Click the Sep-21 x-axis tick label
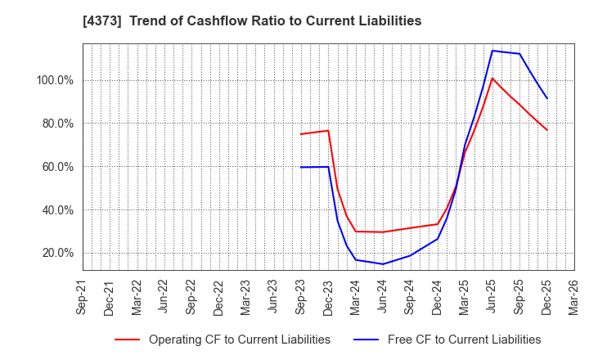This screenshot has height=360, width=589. pos(82,296)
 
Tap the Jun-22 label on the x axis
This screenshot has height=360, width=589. pos(164,296)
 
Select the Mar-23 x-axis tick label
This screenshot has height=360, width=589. pos(245,296)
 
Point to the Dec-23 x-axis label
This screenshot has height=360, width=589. pos(328,296)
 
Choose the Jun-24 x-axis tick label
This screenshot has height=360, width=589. pos(382,296)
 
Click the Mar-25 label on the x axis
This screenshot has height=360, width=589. pos(465,296)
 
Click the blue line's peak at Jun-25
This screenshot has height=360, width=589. pos(492,51)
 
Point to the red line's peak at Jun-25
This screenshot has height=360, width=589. pos(492,79)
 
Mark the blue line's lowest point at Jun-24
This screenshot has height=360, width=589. pos(382,263)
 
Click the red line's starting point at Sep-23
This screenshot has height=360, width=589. pos(300,134)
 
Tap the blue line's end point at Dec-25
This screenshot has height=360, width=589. pos(547,99)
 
